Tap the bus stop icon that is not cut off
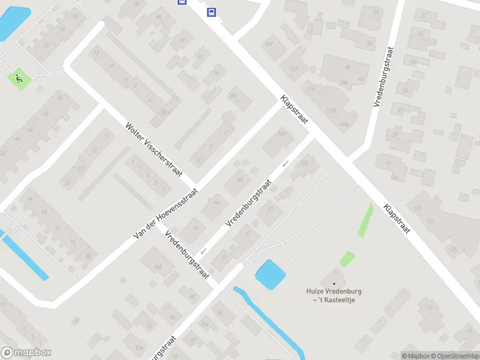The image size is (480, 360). [211, 11]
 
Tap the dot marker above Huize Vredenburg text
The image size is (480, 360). [334, 284]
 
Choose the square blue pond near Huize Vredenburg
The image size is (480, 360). [270, 274]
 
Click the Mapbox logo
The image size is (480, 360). [26, 352]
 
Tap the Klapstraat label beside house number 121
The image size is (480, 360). [397, 219]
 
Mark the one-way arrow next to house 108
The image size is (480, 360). [286, 163]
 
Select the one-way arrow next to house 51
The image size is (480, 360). [204, 251]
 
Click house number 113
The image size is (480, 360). [293, 70]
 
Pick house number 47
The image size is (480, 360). [248, 233]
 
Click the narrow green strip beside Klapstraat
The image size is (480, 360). [365, 220]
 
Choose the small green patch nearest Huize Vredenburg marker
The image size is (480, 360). [347, 259]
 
